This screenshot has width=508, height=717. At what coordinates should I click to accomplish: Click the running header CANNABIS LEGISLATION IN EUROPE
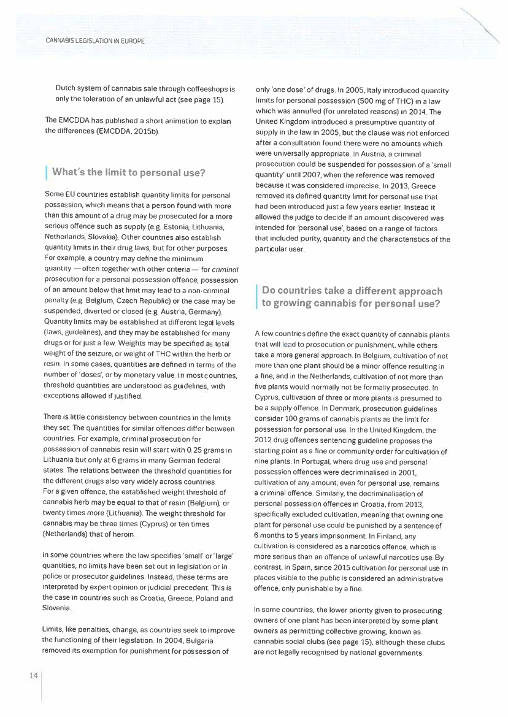(x=95, y=41)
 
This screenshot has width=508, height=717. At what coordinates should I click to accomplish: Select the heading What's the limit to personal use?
(x=128, y=172)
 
